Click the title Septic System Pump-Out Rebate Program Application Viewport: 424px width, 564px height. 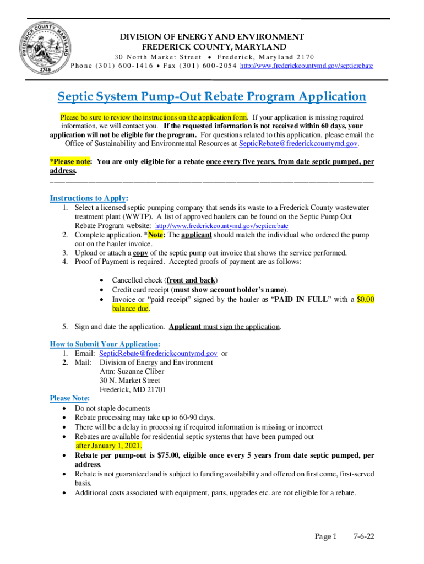pyautogui.click(x=212, y=97)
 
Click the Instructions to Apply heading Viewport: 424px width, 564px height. pyautogui.click(x=89, y=198)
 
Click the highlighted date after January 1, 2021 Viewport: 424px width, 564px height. pyautogui.click(x=108, y=446)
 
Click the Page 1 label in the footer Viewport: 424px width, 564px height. pyautogui.click(x=325, y=536)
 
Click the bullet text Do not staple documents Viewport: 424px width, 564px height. pyautogui.click(x=112, y=409)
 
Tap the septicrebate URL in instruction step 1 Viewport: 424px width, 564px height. pyautogui.click(x=222, y=226)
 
